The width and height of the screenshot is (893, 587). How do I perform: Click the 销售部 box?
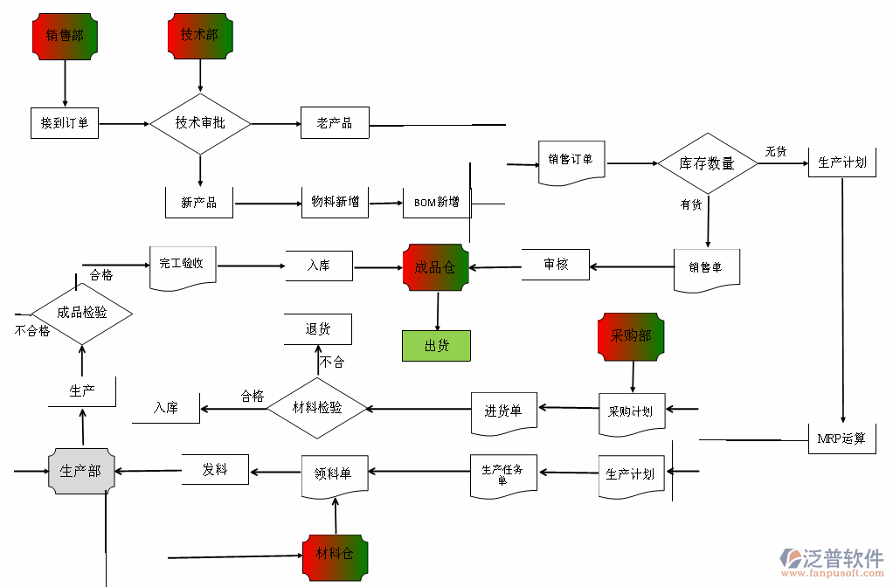(x=65, y=36)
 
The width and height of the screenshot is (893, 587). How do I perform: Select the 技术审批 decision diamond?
(x=200, y=123)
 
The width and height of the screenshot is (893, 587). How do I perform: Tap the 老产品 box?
(x=335, y=123)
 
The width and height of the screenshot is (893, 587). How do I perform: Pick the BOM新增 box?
(x=436, y=203)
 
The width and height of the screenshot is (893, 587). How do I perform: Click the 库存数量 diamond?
(x=707, y=163)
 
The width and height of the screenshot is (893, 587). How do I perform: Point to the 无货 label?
(x=776, y=151)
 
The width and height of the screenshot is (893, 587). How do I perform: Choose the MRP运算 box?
(x=841, y=438)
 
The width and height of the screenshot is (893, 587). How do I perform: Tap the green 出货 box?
(x=436, y=346)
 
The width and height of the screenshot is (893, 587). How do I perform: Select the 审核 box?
(x=556, y=265)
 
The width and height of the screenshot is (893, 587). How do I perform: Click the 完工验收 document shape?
(x=182, y=265)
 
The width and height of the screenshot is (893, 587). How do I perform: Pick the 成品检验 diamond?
(x=82, y=312)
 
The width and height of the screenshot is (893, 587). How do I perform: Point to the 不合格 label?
(x=32, y=331)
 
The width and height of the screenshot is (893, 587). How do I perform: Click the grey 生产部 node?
(x=80, y=471)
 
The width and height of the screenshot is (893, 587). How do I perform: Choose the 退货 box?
(x=318, y=329)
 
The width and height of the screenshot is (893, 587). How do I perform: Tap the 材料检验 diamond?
(x=316, y=408)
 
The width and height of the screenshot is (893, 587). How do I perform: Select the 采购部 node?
(x=631, y=335)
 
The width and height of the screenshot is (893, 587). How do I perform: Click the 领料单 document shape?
(x=334, y=474)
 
